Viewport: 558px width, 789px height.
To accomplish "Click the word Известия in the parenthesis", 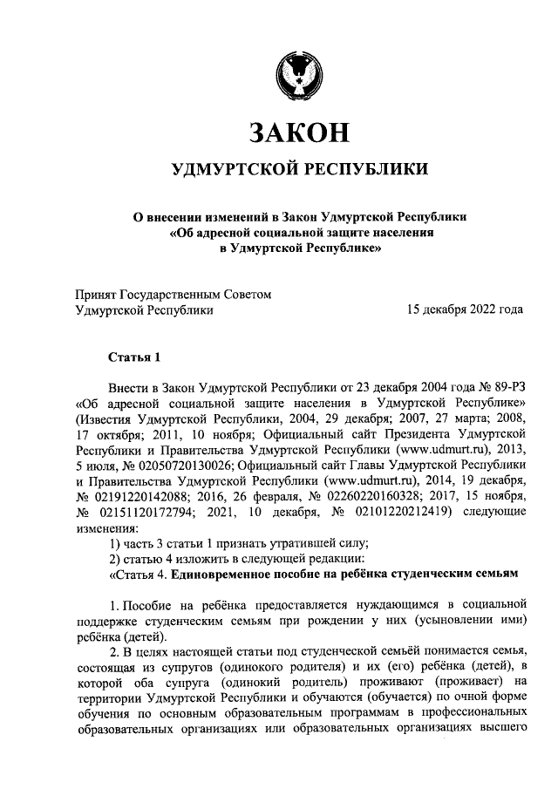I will [108, 418].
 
